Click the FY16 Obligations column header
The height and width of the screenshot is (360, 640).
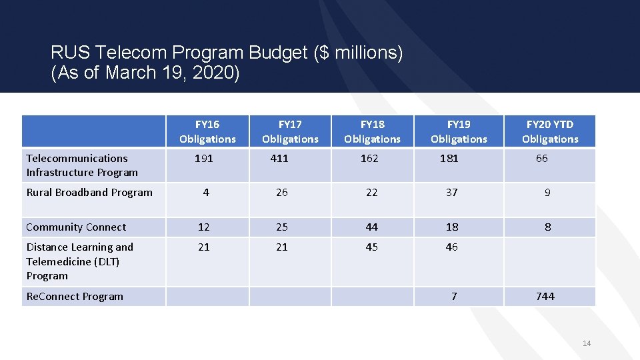point(207,131)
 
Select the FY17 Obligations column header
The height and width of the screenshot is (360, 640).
point(290,131)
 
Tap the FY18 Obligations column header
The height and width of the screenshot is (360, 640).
point(372,131)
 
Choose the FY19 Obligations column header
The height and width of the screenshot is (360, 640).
point(459,131)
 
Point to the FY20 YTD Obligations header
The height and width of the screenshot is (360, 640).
point(550,131)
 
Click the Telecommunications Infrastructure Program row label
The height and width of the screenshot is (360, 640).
point(82,165)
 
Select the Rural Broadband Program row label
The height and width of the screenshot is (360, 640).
point(89,193)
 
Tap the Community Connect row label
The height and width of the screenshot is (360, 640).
point(76,227)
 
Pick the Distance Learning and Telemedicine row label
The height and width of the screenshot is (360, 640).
point(79,261)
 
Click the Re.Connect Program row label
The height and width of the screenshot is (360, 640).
point(75,297)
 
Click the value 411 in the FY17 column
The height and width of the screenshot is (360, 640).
point(279,159)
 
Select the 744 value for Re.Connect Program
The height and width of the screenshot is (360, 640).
point(545,297)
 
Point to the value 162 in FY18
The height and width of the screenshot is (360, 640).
point(369,159)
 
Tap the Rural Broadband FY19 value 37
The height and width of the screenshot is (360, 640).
point(452,193)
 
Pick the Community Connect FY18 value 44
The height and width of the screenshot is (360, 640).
point(371,227)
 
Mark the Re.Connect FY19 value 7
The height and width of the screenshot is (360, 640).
point(454,297)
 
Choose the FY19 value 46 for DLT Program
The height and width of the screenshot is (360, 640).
point(452,247)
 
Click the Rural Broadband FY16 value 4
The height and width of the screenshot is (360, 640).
point(206,193)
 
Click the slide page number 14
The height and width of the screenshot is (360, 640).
point(587,343)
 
